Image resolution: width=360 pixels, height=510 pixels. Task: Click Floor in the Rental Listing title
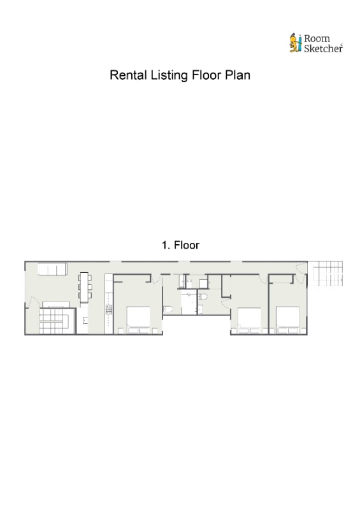(x=206, y=75)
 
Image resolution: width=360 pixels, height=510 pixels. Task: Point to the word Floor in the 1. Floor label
(x=187, y=245)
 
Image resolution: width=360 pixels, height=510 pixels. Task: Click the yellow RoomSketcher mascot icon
(x=295, y=43)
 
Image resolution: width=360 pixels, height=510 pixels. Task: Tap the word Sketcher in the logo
(x=323, y=48)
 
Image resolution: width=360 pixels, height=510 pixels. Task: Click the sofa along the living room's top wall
(x=52, y=269)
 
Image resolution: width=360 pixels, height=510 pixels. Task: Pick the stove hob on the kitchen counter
(x=108, y=309)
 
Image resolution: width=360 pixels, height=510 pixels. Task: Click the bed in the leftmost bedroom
(x=138, y=317)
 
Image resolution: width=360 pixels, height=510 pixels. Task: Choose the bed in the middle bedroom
(x=249, y=317)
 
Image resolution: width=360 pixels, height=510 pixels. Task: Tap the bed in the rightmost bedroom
(x=288, y=317)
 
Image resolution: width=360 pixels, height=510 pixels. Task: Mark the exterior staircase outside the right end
(x=326, y=273)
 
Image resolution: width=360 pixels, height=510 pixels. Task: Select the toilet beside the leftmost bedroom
(x=168, y=309)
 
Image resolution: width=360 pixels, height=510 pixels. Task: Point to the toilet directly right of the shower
(x=203, y=296)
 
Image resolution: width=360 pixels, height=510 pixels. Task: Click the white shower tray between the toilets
(x=189, y=302)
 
